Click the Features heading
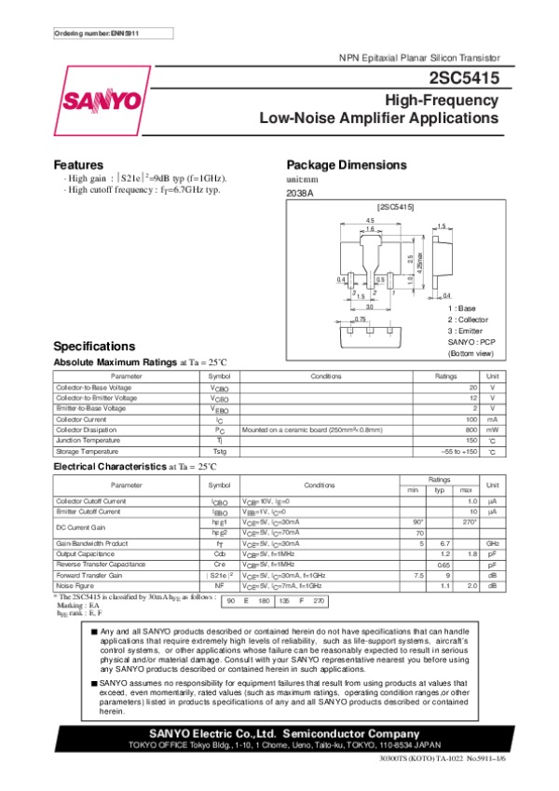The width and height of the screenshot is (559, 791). coord(78,164)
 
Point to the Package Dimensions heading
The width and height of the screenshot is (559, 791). coord(347,164)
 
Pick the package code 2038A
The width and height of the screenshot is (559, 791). coord(300,193)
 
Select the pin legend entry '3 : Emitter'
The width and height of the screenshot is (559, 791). coord(466,331)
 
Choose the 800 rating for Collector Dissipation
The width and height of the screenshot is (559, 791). coord(470,430)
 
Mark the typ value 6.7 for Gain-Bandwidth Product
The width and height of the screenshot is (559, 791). coord(444,542)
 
